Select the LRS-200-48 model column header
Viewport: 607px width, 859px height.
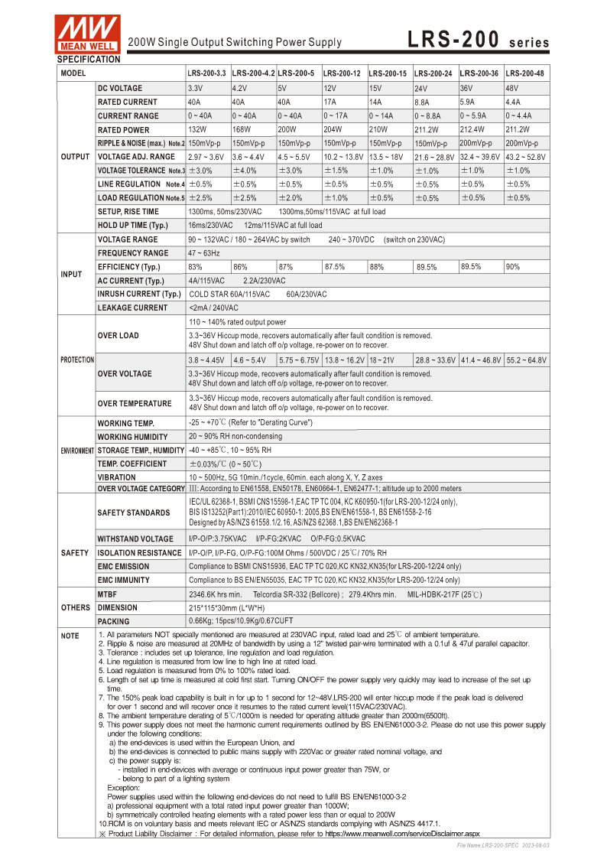coord(526,73)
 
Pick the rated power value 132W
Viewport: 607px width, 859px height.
coord(197,129)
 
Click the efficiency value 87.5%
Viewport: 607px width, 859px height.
coord(334,267)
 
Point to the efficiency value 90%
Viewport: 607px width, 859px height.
coord(513,267)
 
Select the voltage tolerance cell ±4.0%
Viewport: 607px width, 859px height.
coord(245,171)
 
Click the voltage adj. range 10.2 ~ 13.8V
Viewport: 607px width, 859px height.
coord(343,157)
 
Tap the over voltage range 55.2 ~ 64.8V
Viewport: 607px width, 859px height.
coord(526,360)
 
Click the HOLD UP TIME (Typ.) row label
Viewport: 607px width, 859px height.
coord(132,226)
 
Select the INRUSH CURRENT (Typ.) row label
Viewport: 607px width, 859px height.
coord(139,294)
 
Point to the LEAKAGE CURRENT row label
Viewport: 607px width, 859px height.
coord(132,307)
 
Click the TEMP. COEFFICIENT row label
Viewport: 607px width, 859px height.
coord(131,464)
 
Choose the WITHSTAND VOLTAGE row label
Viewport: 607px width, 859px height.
coord(135,539)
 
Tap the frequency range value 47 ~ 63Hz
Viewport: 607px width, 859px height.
coord(204,253)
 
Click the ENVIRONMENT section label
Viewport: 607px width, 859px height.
coord(77,451)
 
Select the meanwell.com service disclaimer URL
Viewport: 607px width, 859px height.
coord(403,833)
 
